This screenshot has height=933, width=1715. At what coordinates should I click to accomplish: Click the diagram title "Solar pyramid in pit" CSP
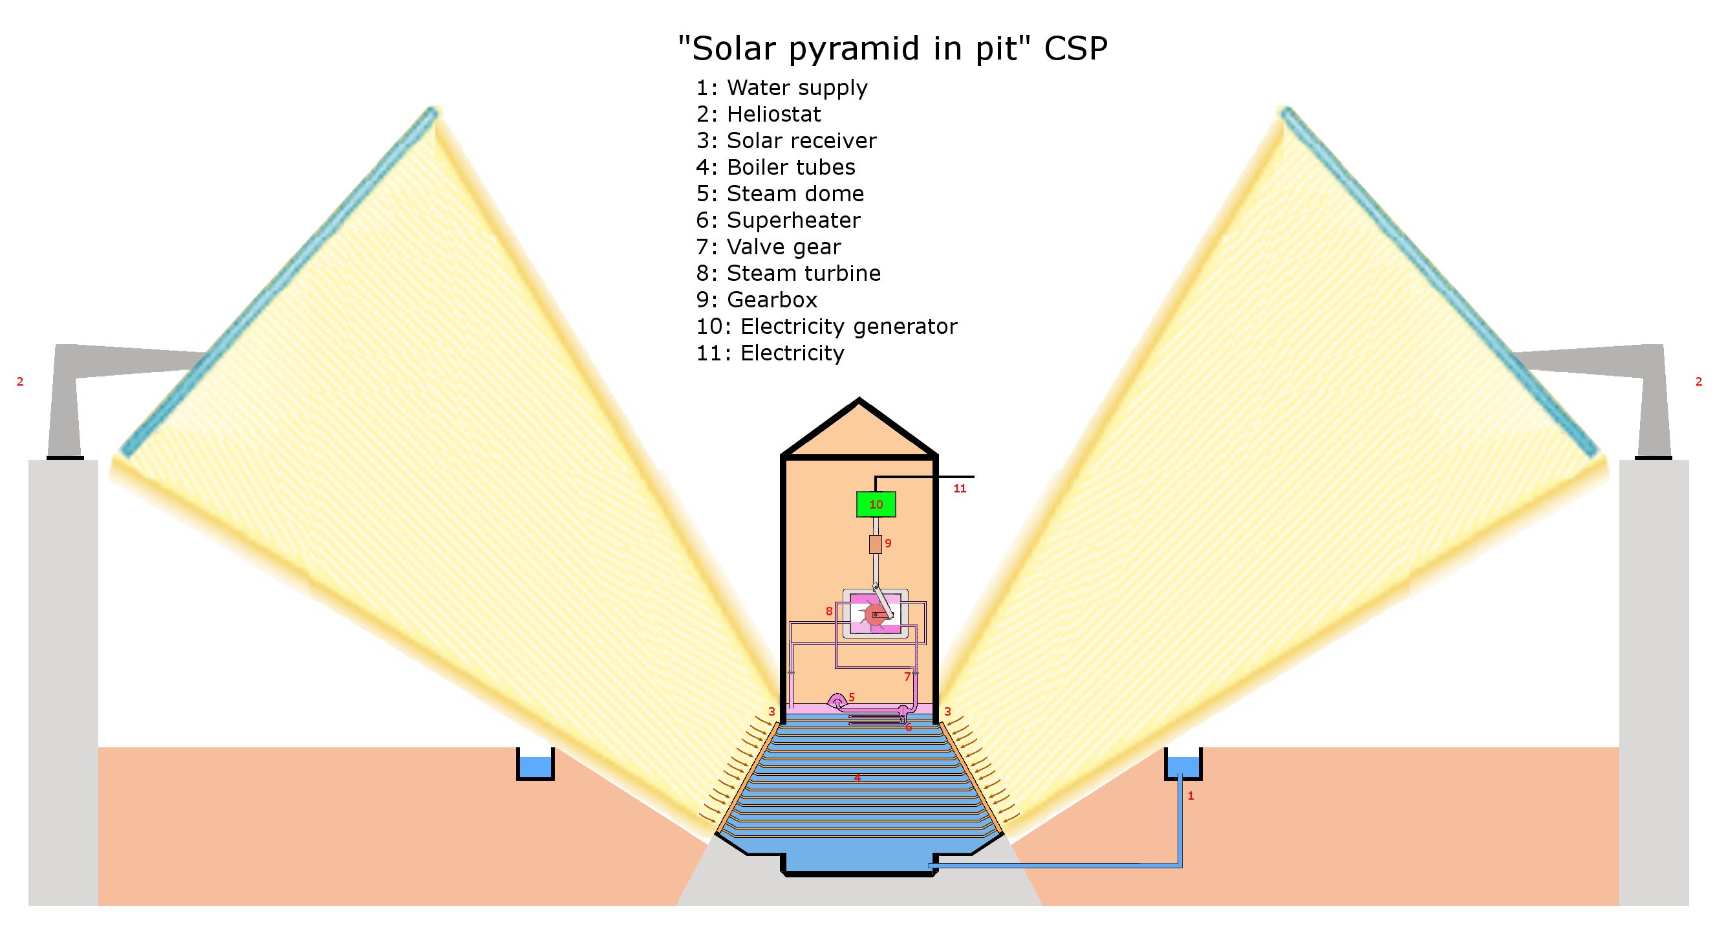tap(892, 49)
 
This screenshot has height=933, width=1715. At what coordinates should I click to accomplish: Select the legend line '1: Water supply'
tap(782, 88)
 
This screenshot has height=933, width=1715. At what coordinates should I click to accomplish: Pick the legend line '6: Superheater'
tap(777, 221)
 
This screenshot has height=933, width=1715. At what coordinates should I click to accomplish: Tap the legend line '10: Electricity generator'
tap(826, 326)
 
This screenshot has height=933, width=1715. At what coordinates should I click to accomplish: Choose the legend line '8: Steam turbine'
tap(788, 273)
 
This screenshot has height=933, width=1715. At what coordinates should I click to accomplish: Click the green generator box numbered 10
tap(876, 504)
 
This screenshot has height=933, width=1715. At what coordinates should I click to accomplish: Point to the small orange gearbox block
tap(875, 544)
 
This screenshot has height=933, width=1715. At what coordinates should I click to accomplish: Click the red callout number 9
tap(888, 543)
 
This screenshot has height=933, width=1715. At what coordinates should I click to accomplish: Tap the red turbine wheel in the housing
tap(874, 614)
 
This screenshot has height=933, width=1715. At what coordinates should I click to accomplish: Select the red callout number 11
tap(960, 488)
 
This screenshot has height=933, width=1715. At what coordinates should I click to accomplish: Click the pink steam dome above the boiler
tap(836, 700)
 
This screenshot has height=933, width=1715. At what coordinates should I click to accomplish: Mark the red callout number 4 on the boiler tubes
tap(857, 777)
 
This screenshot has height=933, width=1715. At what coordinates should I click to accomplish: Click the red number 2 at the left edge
tap(20, 382)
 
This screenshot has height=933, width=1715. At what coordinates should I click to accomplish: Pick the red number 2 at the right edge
tap(1698, 382)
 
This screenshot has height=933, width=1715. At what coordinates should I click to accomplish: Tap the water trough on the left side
tap(535, 766)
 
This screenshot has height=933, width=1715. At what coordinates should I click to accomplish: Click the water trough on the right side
tap(1182, 766)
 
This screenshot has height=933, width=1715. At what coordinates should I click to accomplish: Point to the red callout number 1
tap(1191, 796)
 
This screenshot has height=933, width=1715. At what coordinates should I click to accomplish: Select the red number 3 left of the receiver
tap(771, 712)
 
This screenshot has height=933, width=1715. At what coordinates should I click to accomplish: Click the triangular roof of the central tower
tap(859, 433)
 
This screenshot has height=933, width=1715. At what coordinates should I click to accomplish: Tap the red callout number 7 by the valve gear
tap(907, 677)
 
